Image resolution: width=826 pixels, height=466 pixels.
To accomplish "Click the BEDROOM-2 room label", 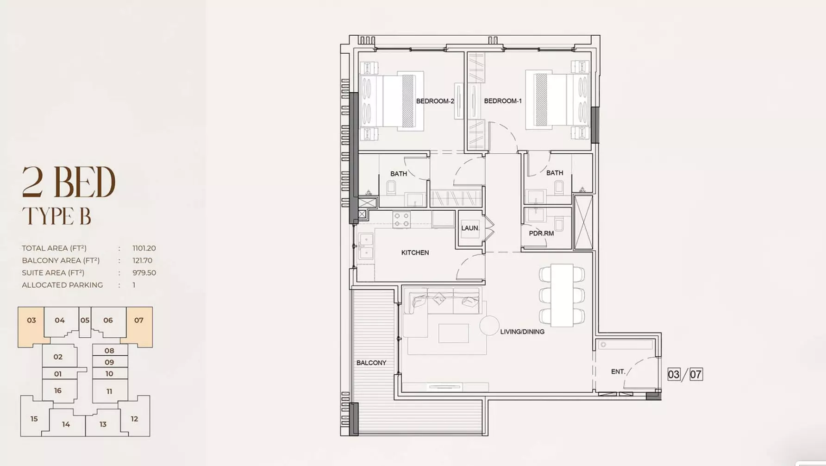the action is point(435,101).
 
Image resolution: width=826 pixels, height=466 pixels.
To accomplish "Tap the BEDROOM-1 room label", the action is point(502,101).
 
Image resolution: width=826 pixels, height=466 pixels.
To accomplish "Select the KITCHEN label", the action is point(415,252).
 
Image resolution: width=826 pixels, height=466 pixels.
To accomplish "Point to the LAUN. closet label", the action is point(470,228).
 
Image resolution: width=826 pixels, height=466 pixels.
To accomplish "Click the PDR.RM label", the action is point(541,233).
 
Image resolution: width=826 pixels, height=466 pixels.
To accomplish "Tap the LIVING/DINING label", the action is point(522,332).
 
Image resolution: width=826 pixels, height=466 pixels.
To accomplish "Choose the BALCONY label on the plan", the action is point(371,363).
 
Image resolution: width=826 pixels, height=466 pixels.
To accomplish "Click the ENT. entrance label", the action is point(618,372).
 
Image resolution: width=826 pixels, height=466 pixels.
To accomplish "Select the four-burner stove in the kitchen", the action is point(401,220).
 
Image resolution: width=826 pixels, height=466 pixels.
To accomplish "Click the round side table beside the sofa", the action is point(489,325).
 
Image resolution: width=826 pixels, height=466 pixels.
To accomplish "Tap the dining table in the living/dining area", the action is point(562,295).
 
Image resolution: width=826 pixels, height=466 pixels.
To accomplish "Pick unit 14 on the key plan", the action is point(66,424).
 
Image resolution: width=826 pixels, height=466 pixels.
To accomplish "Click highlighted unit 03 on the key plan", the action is point(31,320).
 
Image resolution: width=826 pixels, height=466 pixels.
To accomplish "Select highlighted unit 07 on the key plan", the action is point(139,320).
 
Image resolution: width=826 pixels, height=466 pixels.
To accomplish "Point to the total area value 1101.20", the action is point(144,248).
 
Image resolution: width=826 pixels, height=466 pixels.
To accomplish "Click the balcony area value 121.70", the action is point(142,260).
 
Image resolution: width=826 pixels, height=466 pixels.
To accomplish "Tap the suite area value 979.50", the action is point(144,273).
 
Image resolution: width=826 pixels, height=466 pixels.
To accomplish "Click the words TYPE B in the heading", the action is point(56,216).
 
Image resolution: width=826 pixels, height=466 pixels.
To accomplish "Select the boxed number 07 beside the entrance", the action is point(696,374).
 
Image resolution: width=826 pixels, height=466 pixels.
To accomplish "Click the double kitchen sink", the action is point(366,246).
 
